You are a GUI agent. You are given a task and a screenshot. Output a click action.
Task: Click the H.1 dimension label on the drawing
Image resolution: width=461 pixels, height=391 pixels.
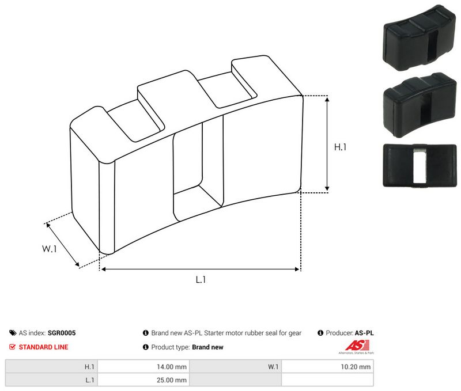(341, 147)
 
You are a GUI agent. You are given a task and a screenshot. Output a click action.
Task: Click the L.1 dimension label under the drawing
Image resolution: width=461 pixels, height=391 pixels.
(201, 280)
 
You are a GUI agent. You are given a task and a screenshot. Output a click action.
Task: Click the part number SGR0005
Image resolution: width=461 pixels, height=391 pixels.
(62, 333)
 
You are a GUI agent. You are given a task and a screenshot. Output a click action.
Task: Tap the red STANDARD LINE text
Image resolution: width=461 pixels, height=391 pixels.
(43, 347)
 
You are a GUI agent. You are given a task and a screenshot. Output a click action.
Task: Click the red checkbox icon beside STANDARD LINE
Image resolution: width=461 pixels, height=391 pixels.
(13, 347)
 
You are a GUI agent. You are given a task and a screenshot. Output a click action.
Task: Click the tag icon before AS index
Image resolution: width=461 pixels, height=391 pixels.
(13, 333)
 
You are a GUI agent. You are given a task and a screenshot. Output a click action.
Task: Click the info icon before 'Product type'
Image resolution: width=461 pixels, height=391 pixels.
(146, 347)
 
